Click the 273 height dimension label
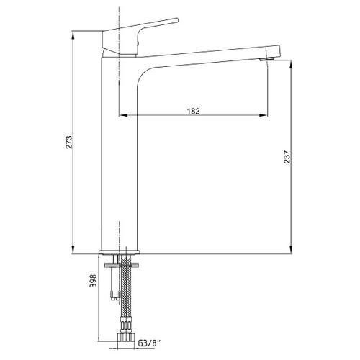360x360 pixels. (69, 143)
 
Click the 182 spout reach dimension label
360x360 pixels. (193, 111)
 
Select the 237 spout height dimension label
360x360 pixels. (287, 157)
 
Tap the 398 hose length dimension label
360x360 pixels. (93, 281)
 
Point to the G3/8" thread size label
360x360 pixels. (149, 343)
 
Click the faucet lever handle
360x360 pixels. (140, 36)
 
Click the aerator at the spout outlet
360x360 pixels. (267, 59)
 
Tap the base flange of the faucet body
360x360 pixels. (120, 252)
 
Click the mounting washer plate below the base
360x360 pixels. (122, 265)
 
